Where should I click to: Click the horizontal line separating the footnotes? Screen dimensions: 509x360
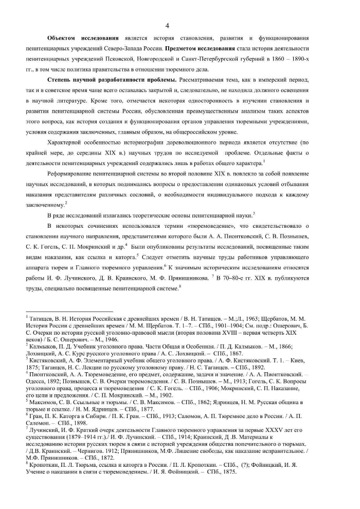pos(69,312)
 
